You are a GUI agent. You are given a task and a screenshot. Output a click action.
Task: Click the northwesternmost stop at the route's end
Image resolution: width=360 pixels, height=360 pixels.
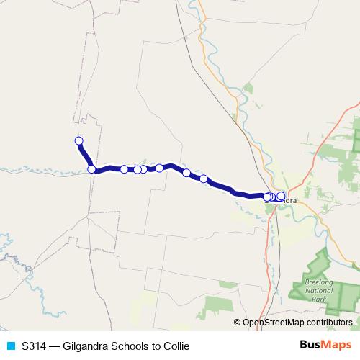[x=79, y=140]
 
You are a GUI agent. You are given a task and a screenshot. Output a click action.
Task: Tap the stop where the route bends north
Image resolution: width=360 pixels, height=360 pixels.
[x=91, y=169]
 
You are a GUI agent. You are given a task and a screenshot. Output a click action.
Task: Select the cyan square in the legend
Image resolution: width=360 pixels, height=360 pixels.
[x=10, y=346]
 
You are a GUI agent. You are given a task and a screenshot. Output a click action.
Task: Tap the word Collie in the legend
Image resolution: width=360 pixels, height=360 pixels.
[x=175, y=346]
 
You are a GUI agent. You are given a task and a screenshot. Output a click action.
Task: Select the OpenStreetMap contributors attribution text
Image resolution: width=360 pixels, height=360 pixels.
[x=298, y=323]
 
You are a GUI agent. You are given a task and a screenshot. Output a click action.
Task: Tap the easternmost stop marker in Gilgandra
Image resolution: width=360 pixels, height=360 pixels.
[x=281, y=196]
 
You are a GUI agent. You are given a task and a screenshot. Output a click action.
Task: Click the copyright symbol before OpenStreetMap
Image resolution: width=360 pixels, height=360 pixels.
[x=238, y=323]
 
